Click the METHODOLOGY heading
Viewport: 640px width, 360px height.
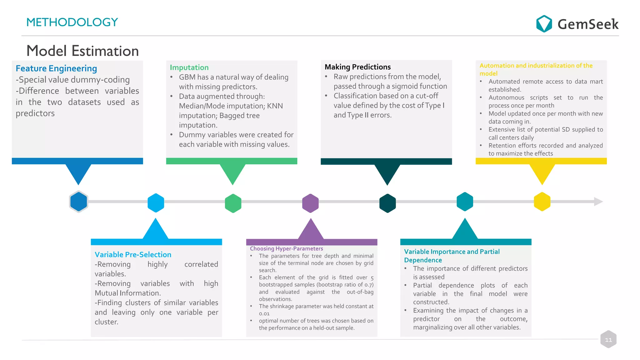pyautogui.click(x=72, y=22)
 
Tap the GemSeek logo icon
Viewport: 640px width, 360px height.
pyautogui.click(x=544, y=24)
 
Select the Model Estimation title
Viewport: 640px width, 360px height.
pyautogui.click(x=82, y=51)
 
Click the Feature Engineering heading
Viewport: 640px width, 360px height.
pyautogui.click(x=56, y=68)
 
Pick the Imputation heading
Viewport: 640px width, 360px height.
pyautogui.click(x=189, y=67)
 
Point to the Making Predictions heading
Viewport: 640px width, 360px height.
pyautogui.click(x=357, y=67)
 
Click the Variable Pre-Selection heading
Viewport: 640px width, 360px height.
pyautogui.click(x=133, y=254)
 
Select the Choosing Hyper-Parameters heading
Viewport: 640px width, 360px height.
pyautogui.click(x=286, y=248)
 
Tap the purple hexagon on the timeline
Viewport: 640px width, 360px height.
pyautogui.click(x=310, y=203)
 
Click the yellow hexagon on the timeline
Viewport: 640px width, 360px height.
pyautogui.click(x=542, y=202)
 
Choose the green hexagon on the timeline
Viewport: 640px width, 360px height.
pyautogui.click(x=233, y=203)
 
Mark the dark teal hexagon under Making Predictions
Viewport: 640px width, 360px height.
pyautogui.click(x=387, y=203)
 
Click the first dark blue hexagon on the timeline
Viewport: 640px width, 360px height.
pyautogui.click(x=78, y=202)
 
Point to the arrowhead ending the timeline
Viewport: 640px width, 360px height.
pyautogui.click(x=598, y=202)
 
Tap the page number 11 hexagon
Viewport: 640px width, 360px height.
pyautogui.click(x=608, y=339)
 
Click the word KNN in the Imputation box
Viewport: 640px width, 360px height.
pyautogui.click(x=275, y=106)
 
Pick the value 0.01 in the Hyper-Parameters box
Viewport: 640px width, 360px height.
pyautogui.click(x=264, y=313)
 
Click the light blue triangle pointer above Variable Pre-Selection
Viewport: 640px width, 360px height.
pyautogui.click(x=155, y=230)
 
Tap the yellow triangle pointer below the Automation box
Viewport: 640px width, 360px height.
pyautogui.click(x=542, y=173)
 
